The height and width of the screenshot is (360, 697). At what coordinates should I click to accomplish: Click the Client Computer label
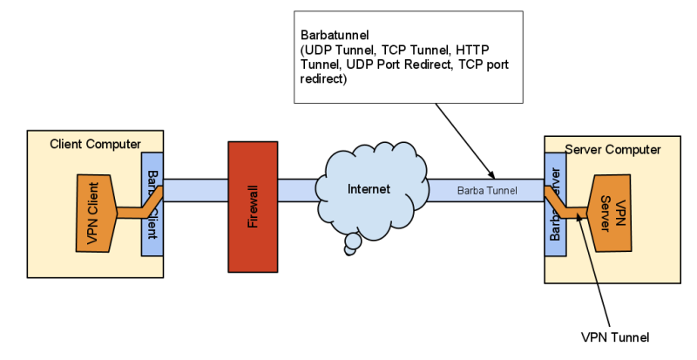coord(95,143)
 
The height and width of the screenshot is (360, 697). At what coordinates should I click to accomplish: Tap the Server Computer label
coord(612,149)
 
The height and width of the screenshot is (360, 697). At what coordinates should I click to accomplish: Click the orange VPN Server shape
coord(614,214)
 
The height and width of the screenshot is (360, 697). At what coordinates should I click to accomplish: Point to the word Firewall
coord(254,206)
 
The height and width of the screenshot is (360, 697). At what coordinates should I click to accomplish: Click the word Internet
coord(369,188)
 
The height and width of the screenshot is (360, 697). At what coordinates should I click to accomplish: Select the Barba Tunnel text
coord(487,190)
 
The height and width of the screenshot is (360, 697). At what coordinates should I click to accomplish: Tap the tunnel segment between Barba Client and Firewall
coord(195,190)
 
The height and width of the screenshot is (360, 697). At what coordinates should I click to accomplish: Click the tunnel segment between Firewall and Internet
coord(298,190)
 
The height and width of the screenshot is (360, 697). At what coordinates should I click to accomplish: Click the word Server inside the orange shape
coord(606,209)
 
